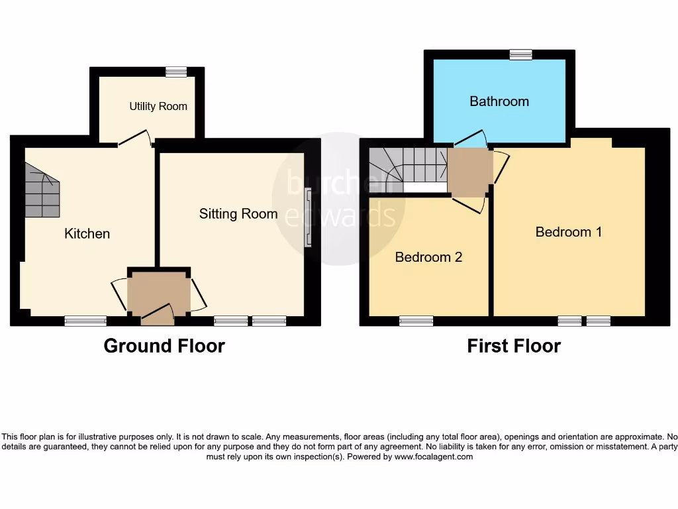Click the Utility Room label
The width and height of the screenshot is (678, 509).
(158, 106)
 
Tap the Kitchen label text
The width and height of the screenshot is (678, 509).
(87, 233)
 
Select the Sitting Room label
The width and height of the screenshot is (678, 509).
(238, 213)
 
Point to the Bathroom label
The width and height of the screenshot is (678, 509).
(499, 101)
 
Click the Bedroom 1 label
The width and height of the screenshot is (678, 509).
(569, 232)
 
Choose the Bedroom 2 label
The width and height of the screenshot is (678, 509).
(428, 257)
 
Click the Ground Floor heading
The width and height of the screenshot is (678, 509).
(164, 346)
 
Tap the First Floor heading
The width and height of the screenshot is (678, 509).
(514, 346)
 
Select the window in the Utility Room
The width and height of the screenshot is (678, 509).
(176, 72)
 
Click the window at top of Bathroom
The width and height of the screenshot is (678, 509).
(521, 55)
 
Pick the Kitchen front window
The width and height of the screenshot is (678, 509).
(85, 321)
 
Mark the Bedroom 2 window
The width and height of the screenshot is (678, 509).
(416, 321)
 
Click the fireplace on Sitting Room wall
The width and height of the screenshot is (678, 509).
(307, 218)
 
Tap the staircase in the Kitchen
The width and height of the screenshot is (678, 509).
(42, 192)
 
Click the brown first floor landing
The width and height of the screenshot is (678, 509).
(469, 172)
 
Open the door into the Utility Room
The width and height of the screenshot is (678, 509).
(134, 138)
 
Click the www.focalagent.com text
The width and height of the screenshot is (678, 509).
(434, 457)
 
